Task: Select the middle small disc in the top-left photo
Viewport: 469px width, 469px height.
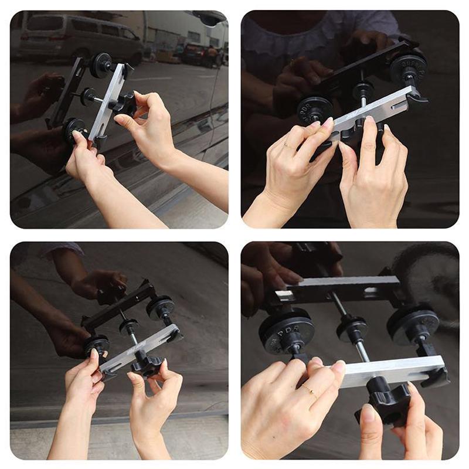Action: [88, 95]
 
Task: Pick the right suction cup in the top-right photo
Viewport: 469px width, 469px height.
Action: [407, 67]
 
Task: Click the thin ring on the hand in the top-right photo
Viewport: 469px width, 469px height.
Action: [287, 144]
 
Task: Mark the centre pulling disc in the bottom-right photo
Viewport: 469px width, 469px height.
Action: [352, 329]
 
